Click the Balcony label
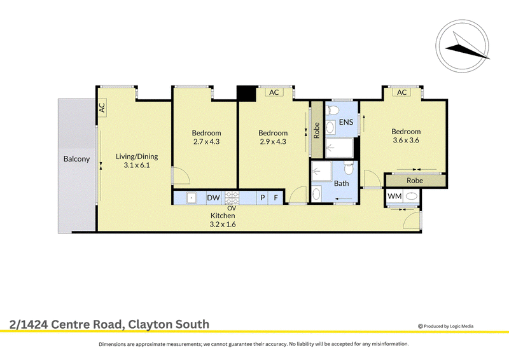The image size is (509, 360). pos(76,159)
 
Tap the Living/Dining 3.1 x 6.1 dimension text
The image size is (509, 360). pos(137,165)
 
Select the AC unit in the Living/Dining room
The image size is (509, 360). pos(102,107)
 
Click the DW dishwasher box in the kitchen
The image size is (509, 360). pos(214,197)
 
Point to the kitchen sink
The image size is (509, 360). pos(192,197)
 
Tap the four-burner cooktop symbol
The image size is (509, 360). pos(232,197)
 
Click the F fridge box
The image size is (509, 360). pos(275,197)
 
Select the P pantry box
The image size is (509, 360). pos(262,197)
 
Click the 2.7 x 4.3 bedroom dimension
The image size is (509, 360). pos(206,142)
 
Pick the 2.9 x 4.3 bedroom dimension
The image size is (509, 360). pos(273,142)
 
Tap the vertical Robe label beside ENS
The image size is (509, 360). pos(317,130)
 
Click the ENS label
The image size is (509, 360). pos(346,122)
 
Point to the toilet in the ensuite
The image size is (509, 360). pos(331,109)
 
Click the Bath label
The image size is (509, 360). pos(342,183)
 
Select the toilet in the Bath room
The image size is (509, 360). pos(349,168)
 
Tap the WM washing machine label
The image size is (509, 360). pos(394,196)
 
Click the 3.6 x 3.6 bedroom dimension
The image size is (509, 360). pos(406,140)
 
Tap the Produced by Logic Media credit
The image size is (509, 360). pos(446,326)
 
